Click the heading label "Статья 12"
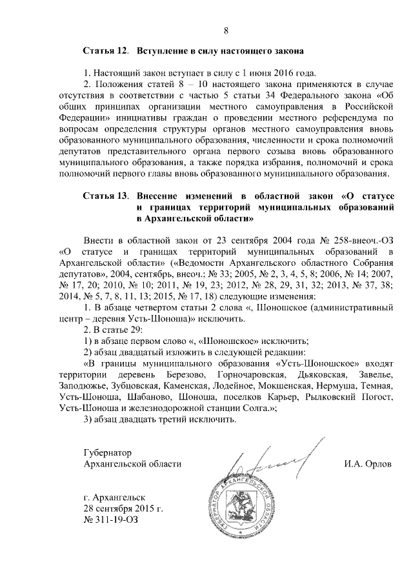(106, 50)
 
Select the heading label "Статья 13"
(106, 194)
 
